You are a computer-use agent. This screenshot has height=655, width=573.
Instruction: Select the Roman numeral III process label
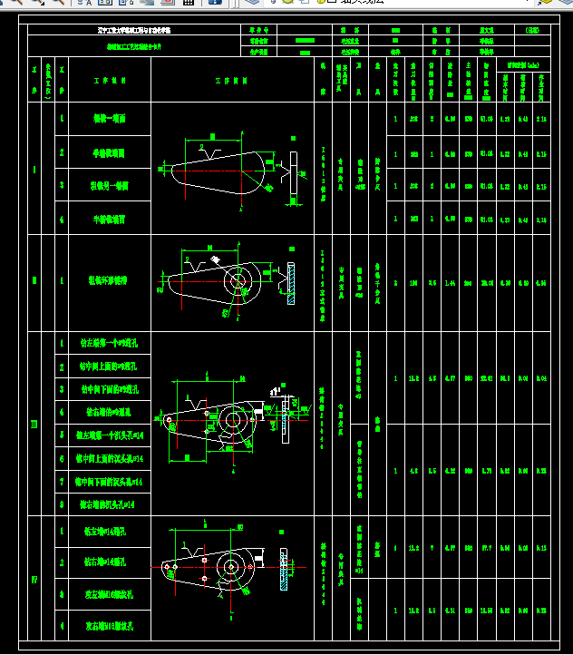(x=34, y=424)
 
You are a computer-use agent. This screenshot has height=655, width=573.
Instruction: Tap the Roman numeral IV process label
(x=34, y=579)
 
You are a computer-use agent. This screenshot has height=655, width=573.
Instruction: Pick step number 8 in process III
(x=62, y=503)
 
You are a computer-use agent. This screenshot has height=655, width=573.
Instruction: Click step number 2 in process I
(x=62, y=152)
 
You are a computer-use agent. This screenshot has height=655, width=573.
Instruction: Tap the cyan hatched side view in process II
(x=291, y=283)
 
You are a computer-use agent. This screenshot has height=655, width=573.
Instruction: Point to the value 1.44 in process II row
(x=432, y=282)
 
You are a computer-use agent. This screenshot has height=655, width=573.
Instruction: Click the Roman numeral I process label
(x=34, y=169)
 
